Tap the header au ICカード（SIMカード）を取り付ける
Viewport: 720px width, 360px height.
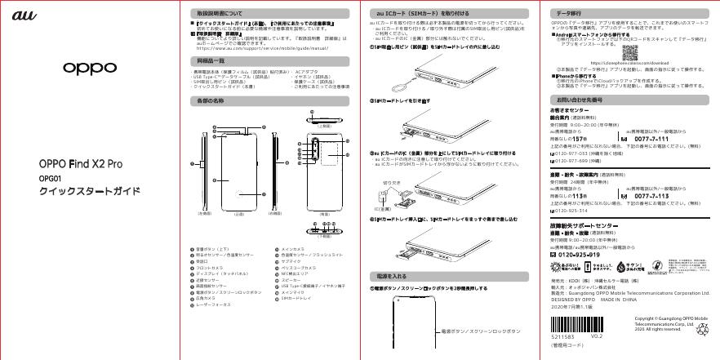(x=410, y=15)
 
